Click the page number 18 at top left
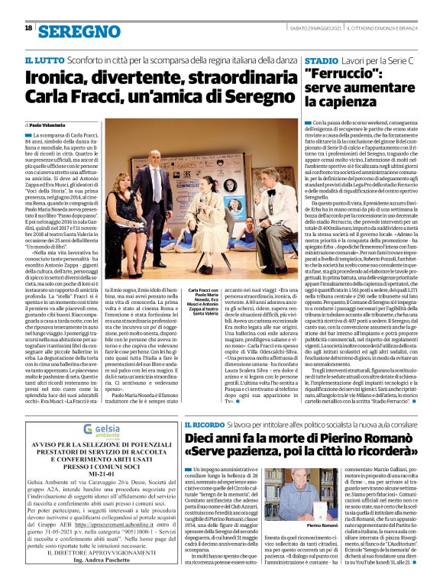tap(28, 28)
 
